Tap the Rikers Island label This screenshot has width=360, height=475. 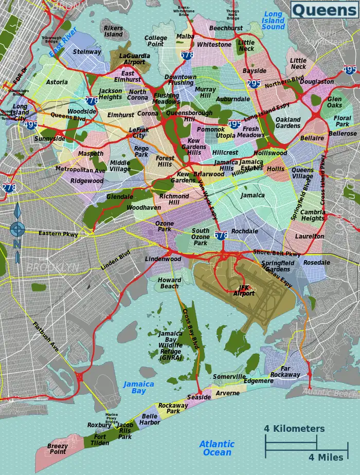coord(113,31)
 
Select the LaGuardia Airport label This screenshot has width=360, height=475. coord(132,59)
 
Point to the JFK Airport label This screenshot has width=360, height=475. coord(244,290)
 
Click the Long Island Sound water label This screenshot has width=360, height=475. coord(274,21)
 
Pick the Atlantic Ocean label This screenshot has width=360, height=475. coord(217,448)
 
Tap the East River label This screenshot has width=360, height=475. coord(62,42)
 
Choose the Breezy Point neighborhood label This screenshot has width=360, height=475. coord(58,449)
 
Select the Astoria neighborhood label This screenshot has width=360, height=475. coord(57,82)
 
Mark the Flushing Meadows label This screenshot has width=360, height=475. coord(166,99)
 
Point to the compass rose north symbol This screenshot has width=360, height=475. coord(17,229)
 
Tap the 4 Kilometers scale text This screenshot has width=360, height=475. coord(294,429)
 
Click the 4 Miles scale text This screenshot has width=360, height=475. coord(326,457)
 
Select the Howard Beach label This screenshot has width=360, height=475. coord(169,283)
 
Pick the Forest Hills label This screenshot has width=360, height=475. coord(165,161)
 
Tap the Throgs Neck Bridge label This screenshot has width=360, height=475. coord(233,14)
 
